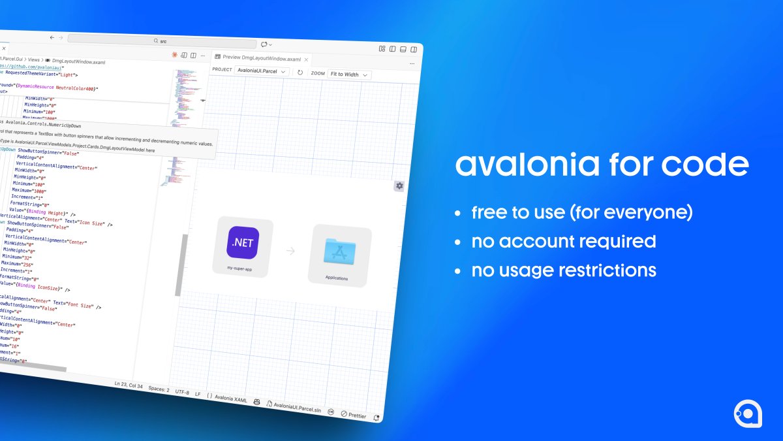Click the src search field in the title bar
(x=163, y=41)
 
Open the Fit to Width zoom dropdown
(x=349, y=74)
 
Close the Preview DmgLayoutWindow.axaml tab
(x=306, y=59)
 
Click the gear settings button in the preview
(x=399, y=186)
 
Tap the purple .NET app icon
(x=243, y=243)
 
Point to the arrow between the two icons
(x=290, y=251)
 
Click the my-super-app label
(x=239, y=269)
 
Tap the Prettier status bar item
(x=355, y=415)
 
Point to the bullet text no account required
(x=564, y=241)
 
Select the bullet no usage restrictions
(x=564, y=270)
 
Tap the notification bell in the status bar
(x=376, y=417)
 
